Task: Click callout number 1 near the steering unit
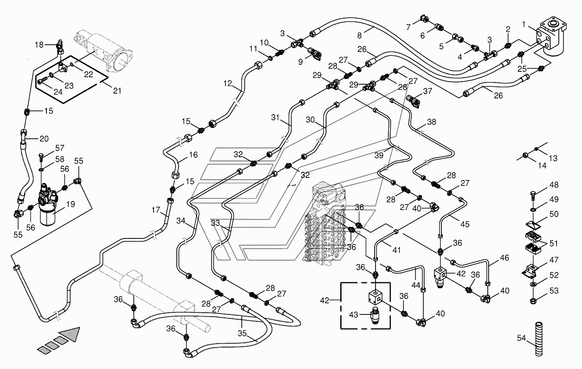pyautogui.click(x=524, y=24)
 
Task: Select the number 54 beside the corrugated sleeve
pyautogui.click(x=521, y=338)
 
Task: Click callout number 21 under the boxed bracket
pyautogui.click(x=117, y=91)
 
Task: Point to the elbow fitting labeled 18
pyautogui.click(x=60, y=47)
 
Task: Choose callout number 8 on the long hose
pyautogui.click(x=359, y=36)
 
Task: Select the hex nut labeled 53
pyautogui.click(x=533, y=301)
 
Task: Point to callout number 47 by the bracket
pyautogui.click(x=554, y=260)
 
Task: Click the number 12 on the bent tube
pyautogui.click(x=228, y=84)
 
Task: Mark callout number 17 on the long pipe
pyautogui.click(x=156, y=210)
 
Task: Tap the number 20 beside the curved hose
pyautogui.click(x=44, y=139)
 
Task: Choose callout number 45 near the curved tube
pyautogui.click(x=465, y=224)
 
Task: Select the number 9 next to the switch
pyautogui.click(x=301, y=62)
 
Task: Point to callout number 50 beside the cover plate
pyautogui.click(x=554, y=214)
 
